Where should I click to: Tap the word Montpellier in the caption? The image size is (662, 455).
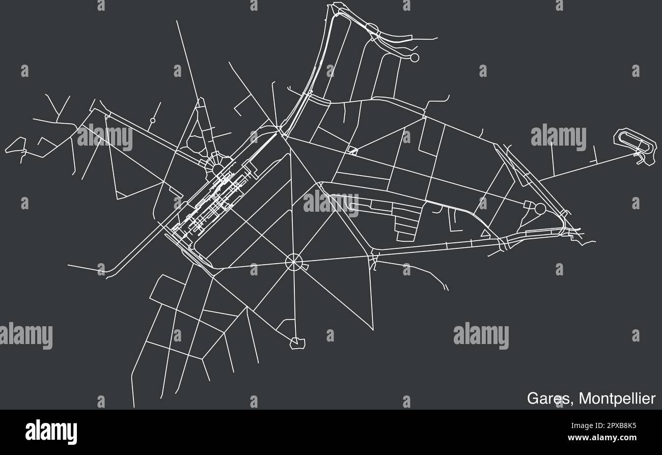619,399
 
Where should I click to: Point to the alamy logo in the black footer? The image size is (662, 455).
51,432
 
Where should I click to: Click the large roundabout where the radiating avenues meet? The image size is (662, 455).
294,262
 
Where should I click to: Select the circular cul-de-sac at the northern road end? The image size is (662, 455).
415,58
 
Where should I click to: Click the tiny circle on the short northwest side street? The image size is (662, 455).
152,121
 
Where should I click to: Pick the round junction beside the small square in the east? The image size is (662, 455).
540,208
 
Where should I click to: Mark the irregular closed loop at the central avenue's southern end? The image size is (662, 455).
297,344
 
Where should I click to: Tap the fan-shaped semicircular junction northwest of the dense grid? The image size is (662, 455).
216,164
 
